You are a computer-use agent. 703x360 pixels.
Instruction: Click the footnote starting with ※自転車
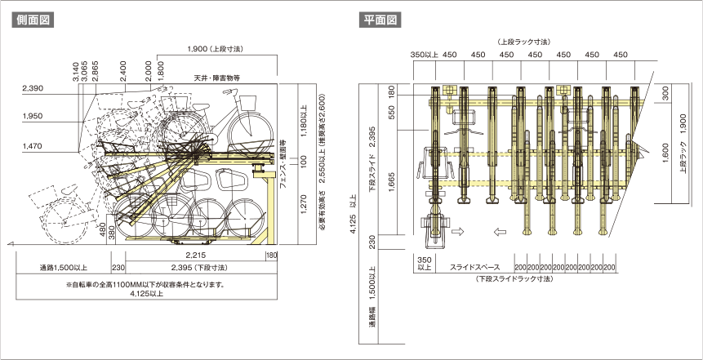pyautogui.click(x=146, y=285)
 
